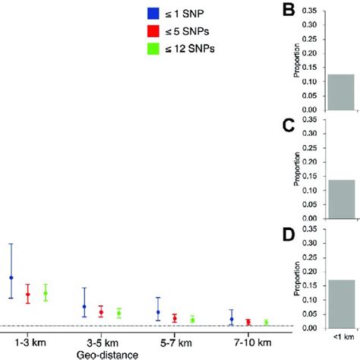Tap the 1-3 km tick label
(x=28, y=343)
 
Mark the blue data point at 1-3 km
(x=11, y=277)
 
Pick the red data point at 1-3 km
(x=28, y=294)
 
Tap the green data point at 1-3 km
(x=46, y=293)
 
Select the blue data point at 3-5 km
(x=84, y=307)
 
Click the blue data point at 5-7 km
(x=158, y=312)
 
